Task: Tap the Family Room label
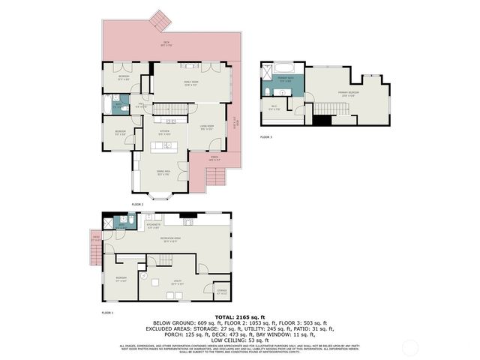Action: (190, 82)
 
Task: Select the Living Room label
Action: (207, 127)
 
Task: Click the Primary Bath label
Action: (286, 79)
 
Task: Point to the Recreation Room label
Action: (169, 240)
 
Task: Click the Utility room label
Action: (177, 283)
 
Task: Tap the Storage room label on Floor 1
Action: (222, 292)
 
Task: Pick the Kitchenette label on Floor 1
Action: (154, 225)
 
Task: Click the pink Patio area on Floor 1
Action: (96, 240)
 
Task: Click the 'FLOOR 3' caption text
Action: (266, 137)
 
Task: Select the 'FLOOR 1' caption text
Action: (107, 312)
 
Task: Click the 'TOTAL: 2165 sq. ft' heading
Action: (239, 318)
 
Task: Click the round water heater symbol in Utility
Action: (154, 283)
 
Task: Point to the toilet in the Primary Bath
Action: (268, 91)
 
